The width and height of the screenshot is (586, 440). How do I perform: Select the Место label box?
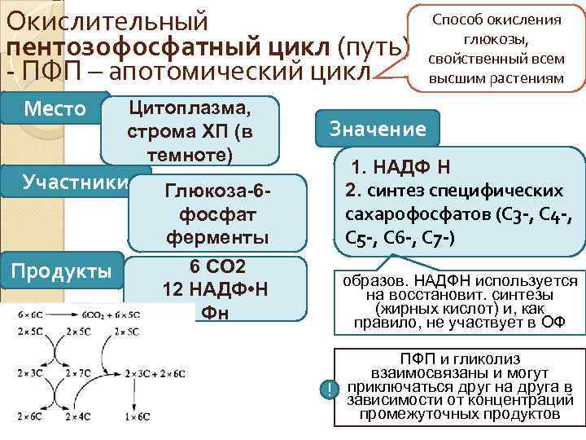tap(54, 108)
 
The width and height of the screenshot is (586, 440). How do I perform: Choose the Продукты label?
tap(63, 271)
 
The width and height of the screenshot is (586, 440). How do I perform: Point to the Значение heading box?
tap(377, 128)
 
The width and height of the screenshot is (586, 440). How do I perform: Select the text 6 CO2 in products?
tap(218, 268)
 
